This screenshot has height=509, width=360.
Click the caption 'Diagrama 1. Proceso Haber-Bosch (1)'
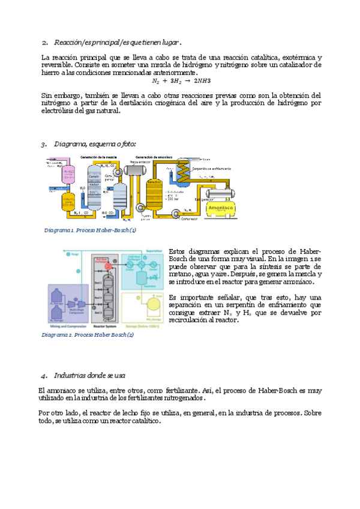90,230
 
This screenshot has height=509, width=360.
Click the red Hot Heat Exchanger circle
109,265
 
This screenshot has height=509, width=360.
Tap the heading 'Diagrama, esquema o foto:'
95,144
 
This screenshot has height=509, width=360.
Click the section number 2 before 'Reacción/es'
44,43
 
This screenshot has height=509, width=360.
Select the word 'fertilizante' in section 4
163,390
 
